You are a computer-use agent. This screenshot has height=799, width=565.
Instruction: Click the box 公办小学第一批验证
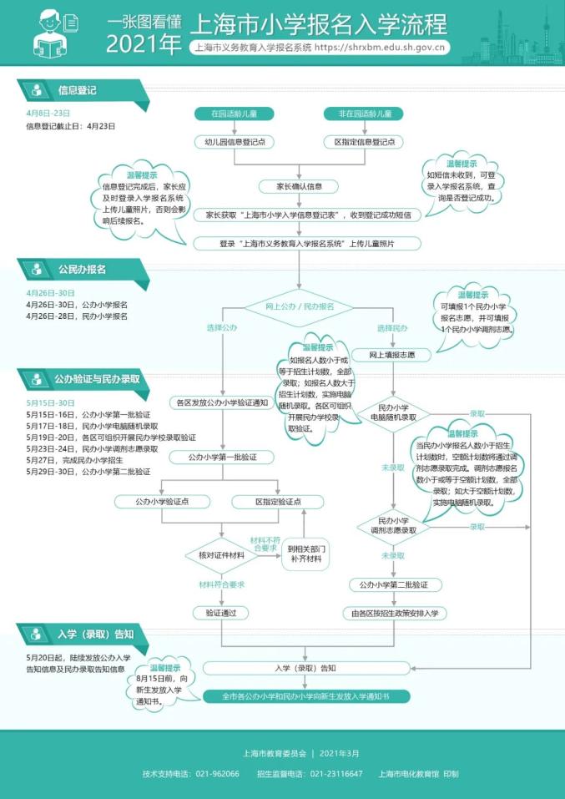tap(222, 457)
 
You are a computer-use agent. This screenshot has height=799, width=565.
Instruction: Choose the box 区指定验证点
tap(266, 502)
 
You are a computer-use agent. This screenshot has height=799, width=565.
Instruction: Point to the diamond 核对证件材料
tap(222, 555)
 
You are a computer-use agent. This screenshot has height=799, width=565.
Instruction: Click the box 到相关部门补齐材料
tap(304, 554)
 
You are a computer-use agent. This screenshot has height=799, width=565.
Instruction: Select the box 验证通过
tap(222, 613)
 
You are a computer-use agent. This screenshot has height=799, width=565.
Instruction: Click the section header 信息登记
tap(78, 89)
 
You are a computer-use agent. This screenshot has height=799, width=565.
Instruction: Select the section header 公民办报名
tap(81, 270)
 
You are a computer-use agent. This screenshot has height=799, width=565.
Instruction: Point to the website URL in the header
tap(381, 48)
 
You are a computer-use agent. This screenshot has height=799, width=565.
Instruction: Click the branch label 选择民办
tap(392, 328)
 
